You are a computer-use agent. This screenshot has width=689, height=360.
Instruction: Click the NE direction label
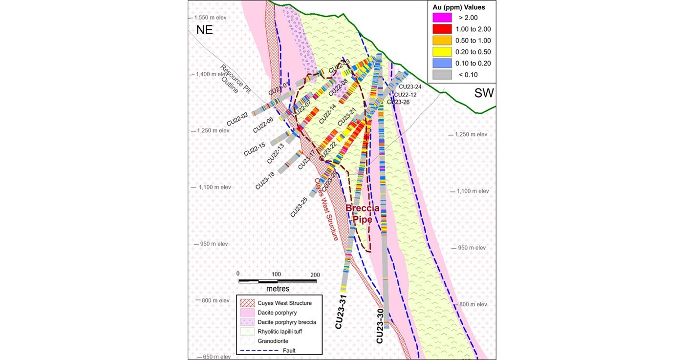pos(204,29)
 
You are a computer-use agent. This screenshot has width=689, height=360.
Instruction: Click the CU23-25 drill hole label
pos(299,207)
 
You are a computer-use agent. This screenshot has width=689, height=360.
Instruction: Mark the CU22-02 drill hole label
pos(237,119)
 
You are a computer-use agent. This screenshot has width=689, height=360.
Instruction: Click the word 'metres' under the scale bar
pos(277,288)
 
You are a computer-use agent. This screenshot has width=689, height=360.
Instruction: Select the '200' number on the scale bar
pos(315,274)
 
